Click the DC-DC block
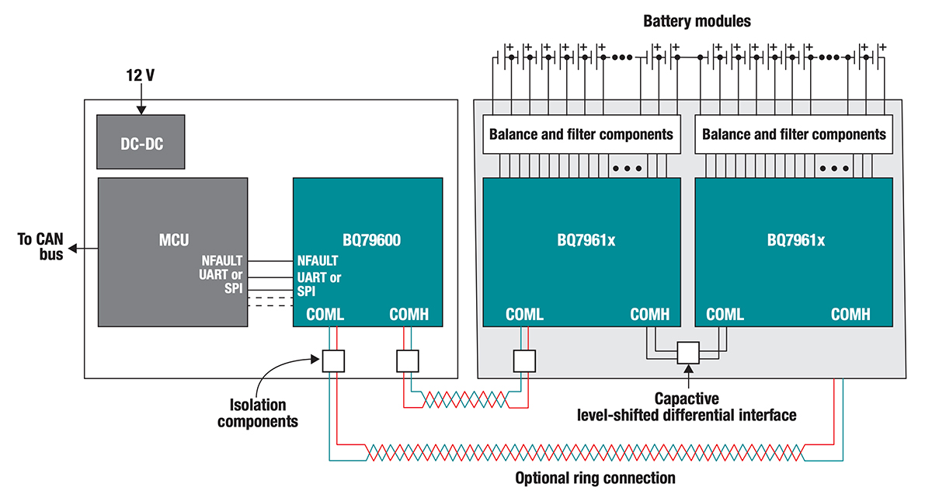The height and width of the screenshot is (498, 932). pyautogui.click(x=141, y=142)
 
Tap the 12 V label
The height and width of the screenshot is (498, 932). pyautogui.click(x=141, y=77)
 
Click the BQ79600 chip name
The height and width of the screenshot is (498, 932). pyautogui.click(x=367, y=240)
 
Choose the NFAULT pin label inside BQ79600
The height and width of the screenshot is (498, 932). pyautogui.click(x=317, y=261)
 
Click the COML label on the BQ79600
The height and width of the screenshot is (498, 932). pyautogui.click(x=325, y=315)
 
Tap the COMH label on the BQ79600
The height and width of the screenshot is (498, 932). pyautogui.click(x=409, y=315)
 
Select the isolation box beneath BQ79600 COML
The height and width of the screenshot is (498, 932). pyautogui.click(x=333, y=360)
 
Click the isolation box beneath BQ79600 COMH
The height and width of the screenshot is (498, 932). pyautogui.click(x=408, y=360)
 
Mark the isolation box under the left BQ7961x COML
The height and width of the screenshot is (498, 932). pyautogui.click(x=524, y=360)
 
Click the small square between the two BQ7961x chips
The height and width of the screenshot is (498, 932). pyautogui.click(x=688, y=353)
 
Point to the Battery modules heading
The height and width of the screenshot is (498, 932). pyautogui.click(x=697, y=21)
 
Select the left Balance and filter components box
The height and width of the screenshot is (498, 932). pyautogui.click(x=581, y=134)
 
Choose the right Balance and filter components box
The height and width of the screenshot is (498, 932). pyautogui.click(x=794, y=134)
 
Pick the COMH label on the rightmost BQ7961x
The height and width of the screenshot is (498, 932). pyautogui.click(x=850, y=315)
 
